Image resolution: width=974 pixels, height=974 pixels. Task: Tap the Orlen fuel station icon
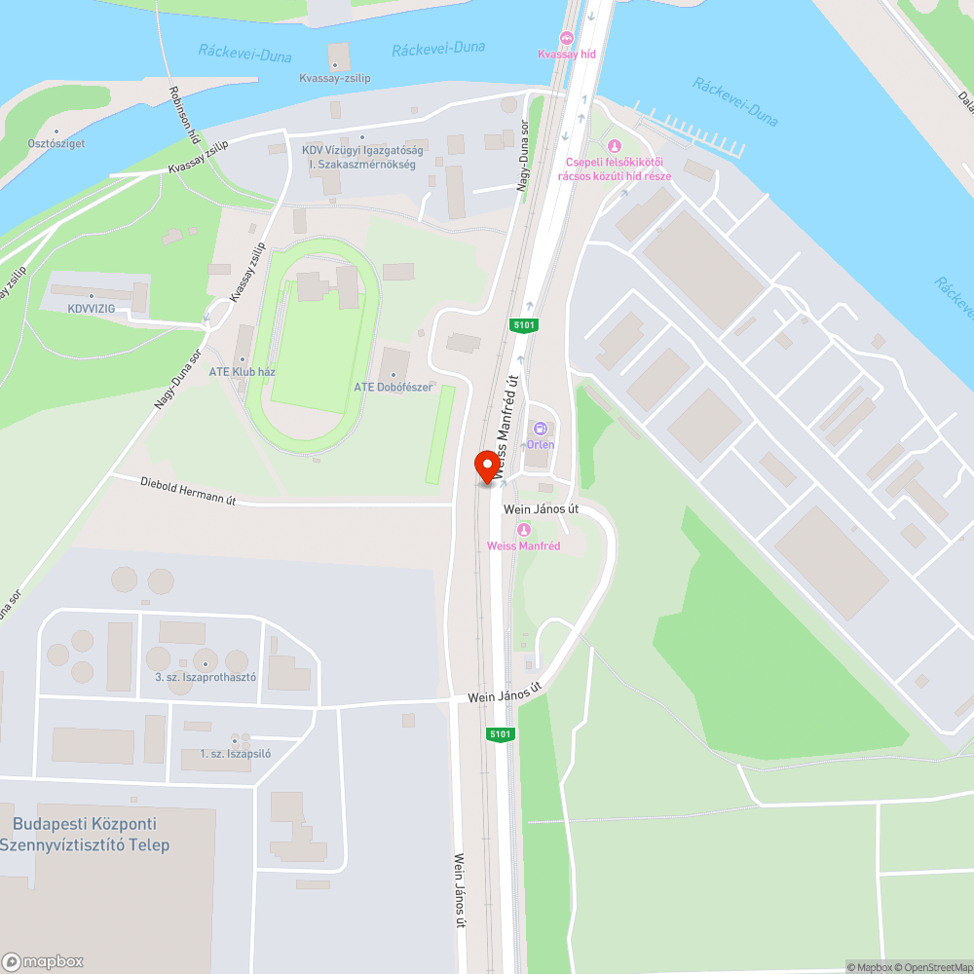click(x=541, y=429)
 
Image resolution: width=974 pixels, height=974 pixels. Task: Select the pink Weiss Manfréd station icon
click(x=524, y=530)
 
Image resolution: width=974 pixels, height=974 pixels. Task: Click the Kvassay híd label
click(x=567, y=54)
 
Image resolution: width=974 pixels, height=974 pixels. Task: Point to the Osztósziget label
click(x=56, y=143)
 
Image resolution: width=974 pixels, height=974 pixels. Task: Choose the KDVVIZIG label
click(x=92, y=308)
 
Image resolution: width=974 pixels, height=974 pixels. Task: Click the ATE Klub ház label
click(x=243, y=372)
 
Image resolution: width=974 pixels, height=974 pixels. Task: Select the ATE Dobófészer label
click(x=393, y=387)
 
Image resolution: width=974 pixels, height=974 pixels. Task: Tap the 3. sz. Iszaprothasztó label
click(x=206, y=676)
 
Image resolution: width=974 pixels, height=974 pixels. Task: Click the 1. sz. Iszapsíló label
click(x=236, y=753)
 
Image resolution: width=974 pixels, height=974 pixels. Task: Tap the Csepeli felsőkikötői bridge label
click(x=614, y=169)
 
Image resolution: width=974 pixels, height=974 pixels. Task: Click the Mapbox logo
click(x=43, y=961)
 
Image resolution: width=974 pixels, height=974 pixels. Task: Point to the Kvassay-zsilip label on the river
click(x=335, y=78)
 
